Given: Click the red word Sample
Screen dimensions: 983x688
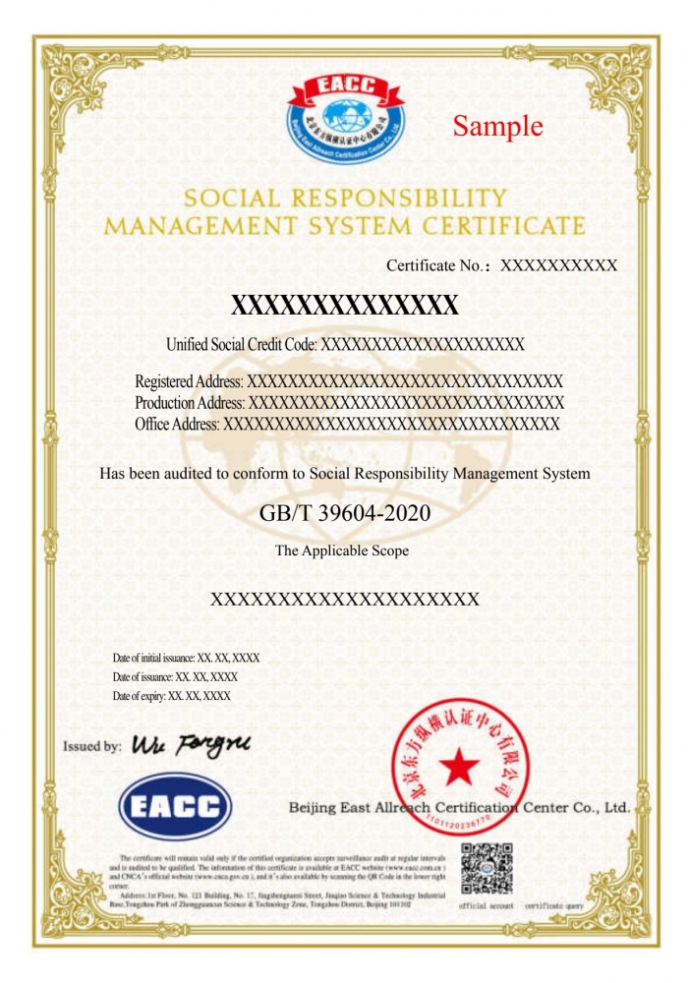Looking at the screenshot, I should click(497, 126).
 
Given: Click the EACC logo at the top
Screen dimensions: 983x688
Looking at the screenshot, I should click(344, 118).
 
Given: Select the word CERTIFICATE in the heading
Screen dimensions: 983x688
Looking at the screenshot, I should click(502, 226).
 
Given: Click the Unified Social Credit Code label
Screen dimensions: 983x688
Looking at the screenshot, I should click(242, 345).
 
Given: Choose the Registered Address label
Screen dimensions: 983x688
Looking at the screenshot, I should click(189, 381).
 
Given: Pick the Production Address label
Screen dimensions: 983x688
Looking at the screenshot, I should click(190, 403).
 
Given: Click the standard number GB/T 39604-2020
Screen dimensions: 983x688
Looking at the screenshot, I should click(344, 513).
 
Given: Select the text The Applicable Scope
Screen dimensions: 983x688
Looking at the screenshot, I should click(342, 550).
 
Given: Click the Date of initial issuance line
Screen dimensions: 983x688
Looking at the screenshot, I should click(186, 658).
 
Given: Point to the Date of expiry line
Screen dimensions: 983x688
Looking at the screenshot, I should click(171, 696).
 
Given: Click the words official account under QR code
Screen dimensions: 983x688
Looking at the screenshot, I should click(487, 905).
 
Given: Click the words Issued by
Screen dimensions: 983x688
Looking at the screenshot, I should click(91, 746).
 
